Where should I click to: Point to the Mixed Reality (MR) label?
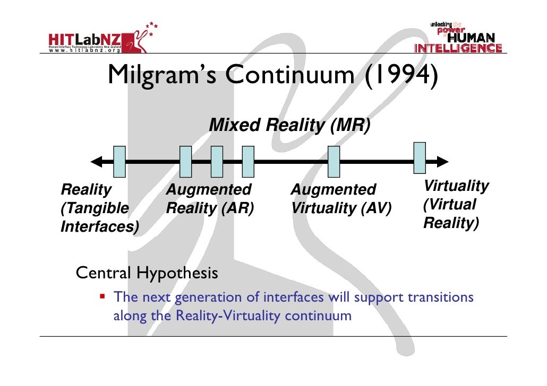click(289, 126)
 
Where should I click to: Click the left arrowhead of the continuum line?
click(97, 162)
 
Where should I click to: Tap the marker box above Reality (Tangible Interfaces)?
click(119, 161)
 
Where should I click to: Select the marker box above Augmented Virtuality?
click(334, 161)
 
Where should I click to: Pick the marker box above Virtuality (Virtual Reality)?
click(420, 157)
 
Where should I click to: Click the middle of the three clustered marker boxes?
click(217, 161)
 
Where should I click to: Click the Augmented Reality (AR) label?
click(210, 199)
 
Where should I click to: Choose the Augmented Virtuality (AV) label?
click(340, 199)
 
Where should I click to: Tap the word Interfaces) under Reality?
click(100, 227)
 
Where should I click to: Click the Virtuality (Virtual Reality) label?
click(455, 205)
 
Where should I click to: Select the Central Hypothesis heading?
click(147, 273)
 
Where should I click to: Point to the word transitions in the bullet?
click(440, 297)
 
